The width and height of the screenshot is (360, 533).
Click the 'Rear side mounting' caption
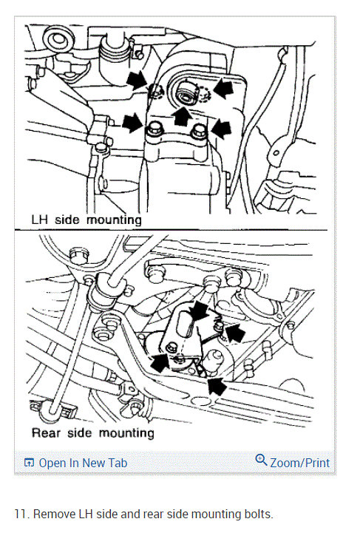click(92, 432)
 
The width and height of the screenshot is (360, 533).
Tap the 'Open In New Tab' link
click(83, 463)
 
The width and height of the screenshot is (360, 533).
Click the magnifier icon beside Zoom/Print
click(261, 460)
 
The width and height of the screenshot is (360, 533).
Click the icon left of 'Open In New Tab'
click(30, 463)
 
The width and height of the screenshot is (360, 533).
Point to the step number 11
click(20, 513)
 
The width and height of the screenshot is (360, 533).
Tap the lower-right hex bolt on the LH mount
click(197, 132)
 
